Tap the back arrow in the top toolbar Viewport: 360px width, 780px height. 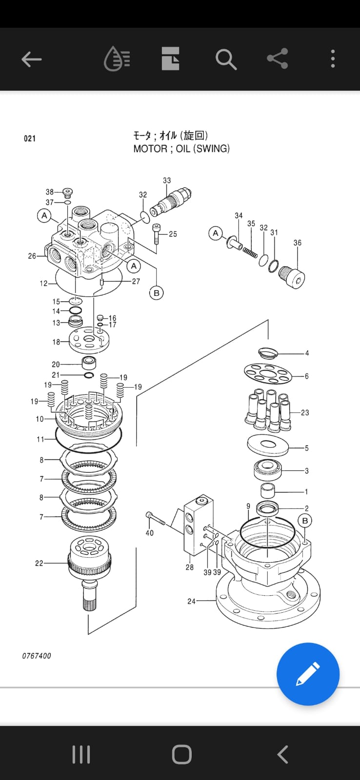31,59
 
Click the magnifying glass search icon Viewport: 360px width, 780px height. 226,59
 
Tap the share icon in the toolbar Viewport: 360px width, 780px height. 278,58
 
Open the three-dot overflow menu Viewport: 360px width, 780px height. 333,58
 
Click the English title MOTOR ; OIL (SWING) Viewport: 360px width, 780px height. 181,149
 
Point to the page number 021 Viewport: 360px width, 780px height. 30,138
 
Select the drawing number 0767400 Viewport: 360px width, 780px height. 37,656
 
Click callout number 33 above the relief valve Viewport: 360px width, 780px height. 167,180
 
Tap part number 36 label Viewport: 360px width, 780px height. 297,243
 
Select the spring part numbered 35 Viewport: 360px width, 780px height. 250,252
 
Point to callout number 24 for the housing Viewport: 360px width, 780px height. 191,601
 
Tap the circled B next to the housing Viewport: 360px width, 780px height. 305,521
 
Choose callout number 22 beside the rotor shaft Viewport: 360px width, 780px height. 39,563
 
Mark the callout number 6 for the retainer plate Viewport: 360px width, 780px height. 307,376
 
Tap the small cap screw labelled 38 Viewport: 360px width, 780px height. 68,192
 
